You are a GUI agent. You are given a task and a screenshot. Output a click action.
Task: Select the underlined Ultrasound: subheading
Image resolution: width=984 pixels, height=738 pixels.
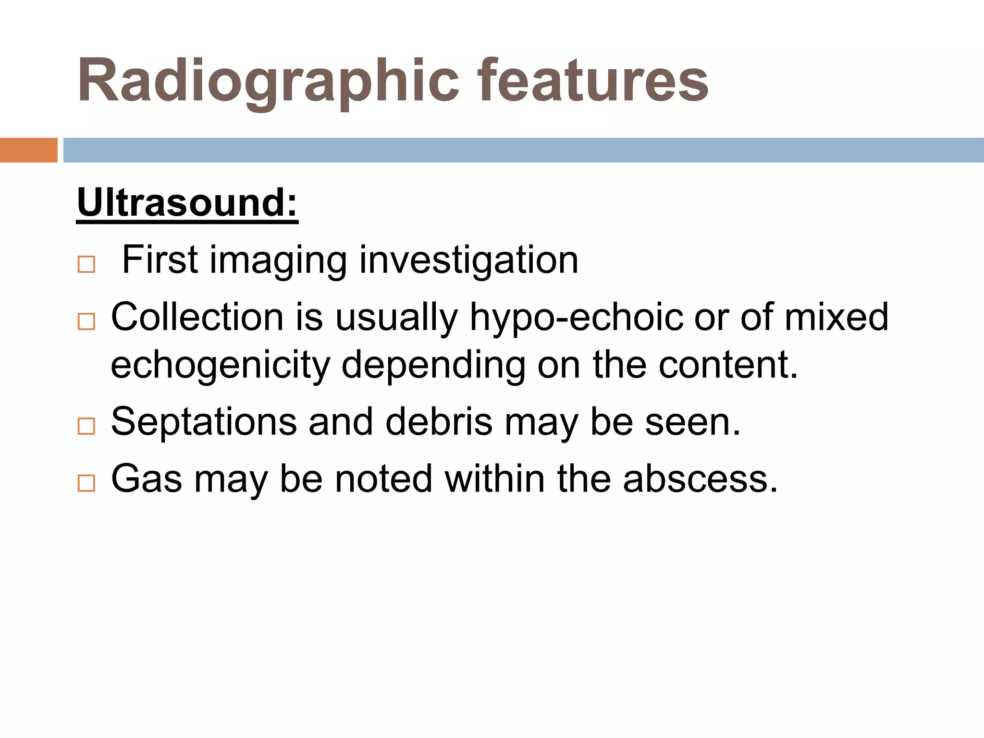pyautogui.click(x=187, y=203)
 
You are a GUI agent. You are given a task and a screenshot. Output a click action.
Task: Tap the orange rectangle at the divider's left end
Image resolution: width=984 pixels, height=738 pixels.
pyautogui.click(x=28, y=150)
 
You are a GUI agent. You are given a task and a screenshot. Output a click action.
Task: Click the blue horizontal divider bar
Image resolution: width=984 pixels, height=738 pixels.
pyautogui.click(x=523, y=150)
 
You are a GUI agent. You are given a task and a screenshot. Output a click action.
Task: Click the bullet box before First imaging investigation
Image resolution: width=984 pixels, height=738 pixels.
pyautogui.click(x=86, y=264)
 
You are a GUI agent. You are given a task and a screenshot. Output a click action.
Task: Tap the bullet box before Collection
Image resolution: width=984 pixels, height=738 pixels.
pyautogui.click(x=86, y=321)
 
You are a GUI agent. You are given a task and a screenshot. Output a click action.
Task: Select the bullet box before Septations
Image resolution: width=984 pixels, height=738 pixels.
pyautogui.click(x=86, y=426)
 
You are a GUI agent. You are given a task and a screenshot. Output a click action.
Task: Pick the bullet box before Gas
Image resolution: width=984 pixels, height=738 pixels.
pyautogui.click(x=86, y=483)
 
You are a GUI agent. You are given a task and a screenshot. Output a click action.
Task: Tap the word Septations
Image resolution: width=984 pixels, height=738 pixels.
pyautogui.click(x=204, y=422)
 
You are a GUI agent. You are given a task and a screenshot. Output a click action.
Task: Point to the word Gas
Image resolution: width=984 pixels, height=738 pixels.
pyautogui.click(x=147, y=479)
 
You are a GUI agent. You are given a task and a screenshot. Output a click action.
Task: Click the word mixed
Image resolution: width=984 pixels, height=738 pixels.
pyautogui.click(x=836, y=317)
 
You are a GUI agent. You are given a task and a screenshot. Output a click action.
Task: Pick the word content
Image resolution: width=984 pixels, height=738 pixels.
pyautogui.click(x=727, y=365)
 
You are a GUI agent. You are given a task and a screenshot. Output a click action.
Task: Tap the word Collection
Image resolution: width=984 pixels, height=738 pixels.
pyautogui.click(x=197, y=317)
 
